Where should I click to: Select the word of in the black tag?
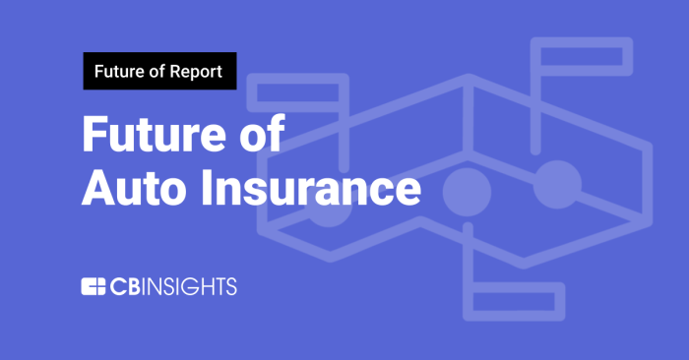pos(155,71)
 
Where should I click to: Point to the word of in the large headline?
pos(259,134)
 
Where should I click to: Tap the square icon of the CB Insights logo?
pos(94,287)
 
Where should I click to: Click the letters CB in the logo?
pos(125,287)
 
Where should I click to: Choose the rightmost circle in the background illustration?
pos(557,181)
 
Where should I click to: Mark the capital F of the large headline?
pos(95,134)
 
